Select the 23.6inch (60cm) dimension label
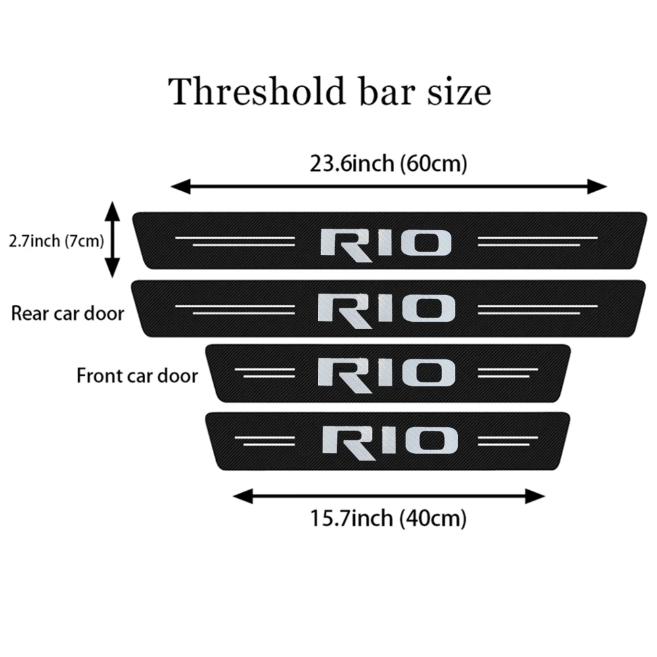click(388, 164)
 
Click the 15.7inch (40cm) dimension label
click(388, 519)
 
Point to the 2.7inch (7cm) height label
click(57, 241)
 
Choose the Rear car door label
click(68, 313)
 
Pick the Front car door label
click(137, 376)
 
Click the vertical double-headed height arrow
click(113, 239)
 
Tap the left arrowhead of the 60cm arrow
click(177, 187)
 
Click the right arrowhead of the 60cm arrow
click(600, 187)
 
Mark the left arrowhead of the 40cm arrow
click(240, 496)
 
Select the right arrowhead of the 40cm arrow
click(538, 496)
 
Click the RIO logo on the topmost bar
click(386, 242)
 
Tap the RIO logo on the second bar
click(386, 308)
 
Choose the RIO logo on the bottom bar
click(390, 440)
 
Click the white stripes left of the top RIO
click(237, 241)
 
